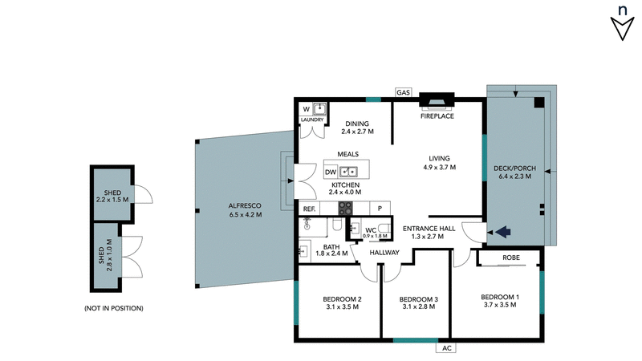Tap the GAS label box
click(403, 93)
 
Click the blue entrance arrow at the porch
click(503, 233)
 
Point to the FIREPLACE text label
click(437, 116)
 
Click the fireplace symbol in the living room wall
click(437, 100)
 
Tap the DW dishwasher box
click(331, 172)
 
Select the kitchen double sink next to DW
click(349, 171)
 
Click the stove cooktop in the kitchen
click(345, 207)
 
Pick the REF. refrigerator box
click(310, 208)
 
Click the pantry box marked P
click(379, 208)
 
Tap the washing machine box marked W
click(307, 109)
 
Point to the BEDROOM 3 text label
click(418, 299)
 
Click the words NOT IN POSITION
click(113, 308)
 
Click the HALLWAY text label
click(384, 253)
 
